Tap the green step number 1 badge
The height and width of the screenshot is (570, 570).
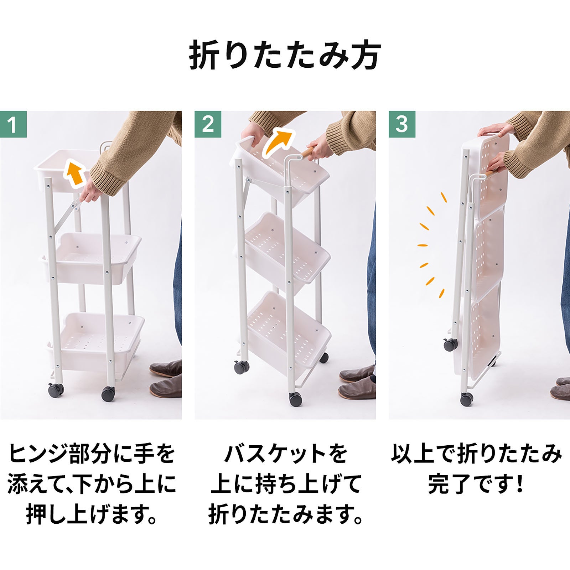pyautogui.click(x=13, y=124)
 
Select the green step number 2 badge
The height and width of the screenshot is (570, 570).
pyautogui.click(x=208, y=124)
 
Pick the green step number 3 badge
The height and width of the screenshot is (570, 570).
pyautogui.click(x=402, y=124)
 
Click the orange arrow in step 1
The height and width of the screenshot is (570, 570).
pyautogui.click(x=75, y=173)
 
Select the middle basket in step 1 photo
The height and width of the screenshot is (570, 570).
pyautogui.click(x=91, y=258)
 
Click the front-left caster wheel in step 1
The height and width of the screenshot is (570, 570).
pyautogui.click(x=56, y=390)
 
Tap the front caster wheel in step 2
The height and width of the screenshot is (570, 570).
pyautogui.click(x=296, y=399)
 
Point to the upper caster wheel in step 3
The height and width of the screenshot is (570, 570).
pyautogui.click(x=450, y=344)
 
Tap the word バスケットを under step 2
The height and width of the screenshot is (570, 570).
pyautogui.click(x=285, y=454)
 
